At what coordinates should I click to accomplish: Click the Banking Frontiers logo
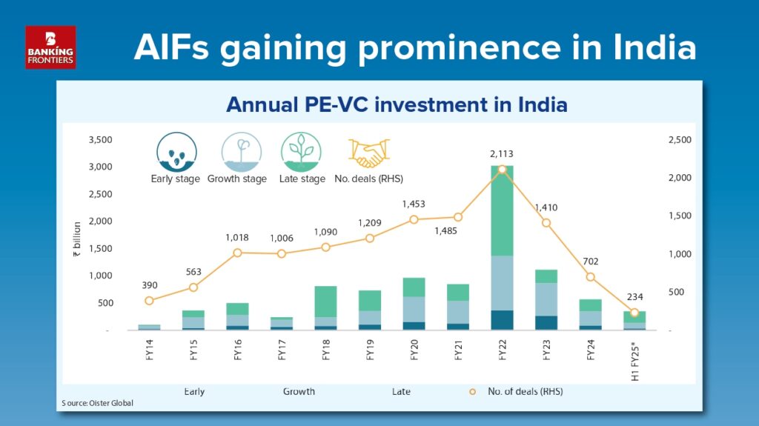(50, 47)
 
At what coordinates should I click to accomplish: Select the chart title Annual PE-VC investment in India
(397, 104)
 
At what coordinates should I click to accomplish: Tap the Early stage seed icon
(176, 152)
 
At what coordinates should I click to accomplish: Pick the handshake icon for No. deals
(369, 153)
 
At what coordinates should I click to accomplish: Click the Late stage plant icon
(301, 152)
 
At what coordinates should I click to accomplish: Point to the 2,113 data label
(502, 154)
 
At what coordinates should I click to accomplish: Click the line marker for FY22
(502, 170)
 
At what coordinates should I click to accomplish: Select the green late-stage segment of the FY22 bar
(502, 210)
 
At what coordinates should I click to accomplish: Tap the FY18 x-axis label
(326, 350)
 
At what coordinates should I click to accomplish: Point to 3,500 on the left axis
(100, 139)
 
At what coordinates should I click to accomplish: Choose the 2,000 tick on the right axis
(680, 178)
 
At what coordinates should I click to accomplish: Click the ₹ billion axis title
(77, 239)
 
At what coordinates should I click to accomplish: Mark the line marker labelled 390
(149, 301)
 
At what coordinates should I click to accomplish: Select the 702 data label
(591, 262)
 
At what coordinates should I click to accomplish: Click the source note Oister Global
(97, 403)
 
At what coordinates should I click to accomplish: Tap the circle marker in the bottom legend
(472, 392)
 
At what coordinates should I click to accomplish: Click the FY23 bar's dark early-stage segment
(546, 323)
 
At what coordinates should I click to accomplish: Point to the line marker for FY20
(414, 220)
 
